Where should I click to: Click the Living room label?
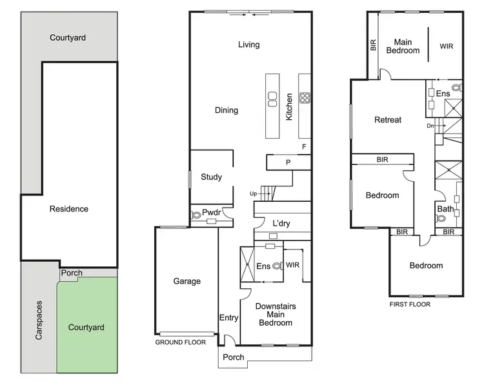(x=248, y=44)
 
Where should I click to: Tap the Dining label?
(x=227, y=110)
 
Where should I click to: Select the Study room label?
(x=211, y=177)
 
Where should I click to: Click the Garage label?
(x=187, y=281)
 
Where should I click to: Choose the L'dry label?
(x=281, y=223)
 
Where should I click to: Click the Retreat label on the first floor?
(x=388, y=120)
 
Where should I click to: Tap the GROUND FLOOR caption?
(x=181, y=342)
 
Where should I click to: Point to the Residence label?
(x=68, y=209)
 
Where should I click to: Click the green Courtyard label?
(x=86, y=328)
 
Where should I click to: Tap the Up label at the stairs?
(x=254, y=193)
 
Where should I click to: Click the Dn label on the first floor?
(x=430, y=126)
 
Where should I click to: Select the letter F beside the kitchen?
(x=304, y=147)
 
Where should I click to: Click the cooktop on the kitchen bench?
(x=305, y=99)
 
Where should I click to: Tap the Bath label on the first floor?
(x=445, y=209)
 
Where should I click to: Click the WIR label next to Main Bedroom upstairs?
(x=447, y=46)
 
